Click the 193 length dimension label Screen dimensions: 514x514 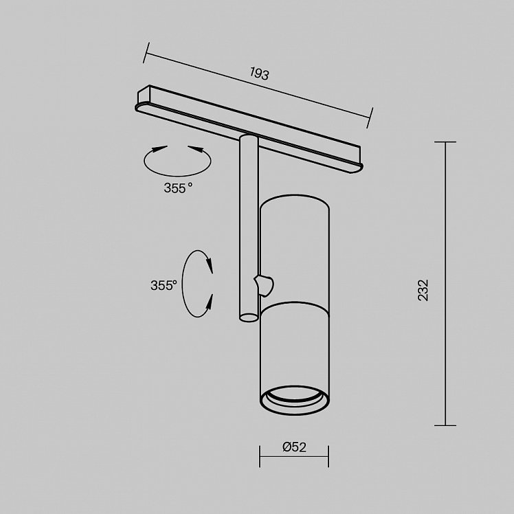click(x=259, y=74)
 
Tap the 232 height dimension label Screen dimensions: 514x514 click(x=423, y=290)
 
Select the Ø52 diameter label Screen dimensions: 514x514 click(x=294, y=447)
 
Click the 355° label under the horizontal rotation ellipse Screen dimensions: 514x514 click(x=178, y=188)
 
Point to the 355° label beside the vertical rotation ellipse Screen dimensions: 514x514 click(x=164, y=286)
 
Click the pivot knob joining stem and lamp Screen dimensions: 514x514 click(x=264, y=286)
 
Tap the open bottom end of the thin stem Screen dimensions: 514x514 click(x=249, y=317)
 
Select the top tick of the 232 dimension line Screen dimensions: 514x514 click(x=445, y=142)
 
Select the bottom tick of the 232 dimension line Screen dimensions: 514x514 click(x=445, y=425)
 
